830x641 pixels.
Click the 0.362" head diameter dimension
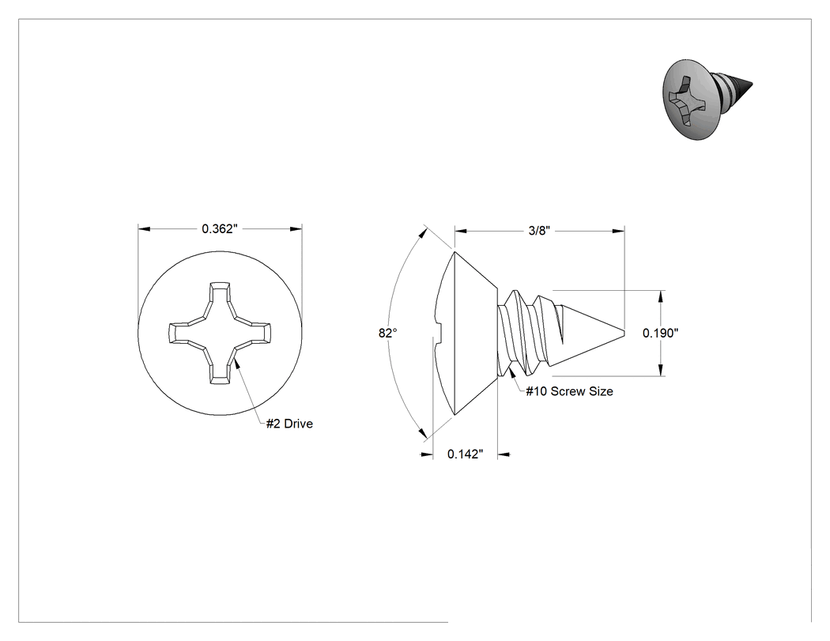point(220,228)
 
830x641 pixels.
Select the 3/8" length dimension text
point(539,231)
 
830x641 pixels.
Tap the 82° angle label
point(388,333)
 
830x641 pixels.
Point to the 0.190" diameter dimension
point(661,333)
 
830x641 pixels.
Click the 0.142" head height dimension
point(466,454)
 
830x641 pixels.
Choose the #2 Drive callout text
point(289,424)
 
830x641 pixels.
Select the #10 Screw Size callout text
point(570,391)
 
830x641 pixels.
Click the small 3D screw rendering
point(707,99)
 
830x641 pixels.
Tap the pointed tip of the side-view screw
point(624,333)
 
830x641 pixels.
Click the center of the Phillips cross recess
point(220,333)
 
